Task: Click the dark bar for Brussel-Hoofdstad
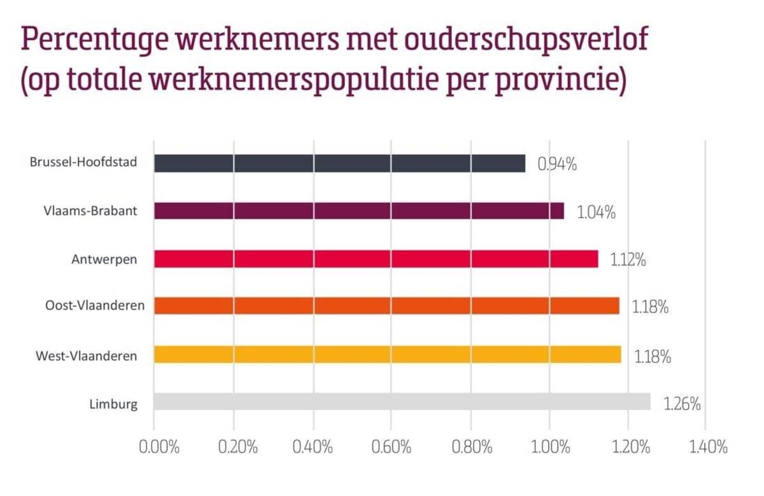pos(339,163)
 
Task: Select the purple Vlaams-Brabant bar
pos(358,211)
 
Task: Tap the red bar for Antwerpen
pos(376,259)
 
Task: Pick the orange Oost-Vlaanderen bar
pos(386,306)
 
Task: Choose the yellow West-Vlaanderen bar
pos(387,354)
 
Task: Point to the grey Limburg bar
pos(402,402)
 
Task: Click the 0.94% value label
pos(557,164)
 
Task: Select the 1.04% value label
pos(597,212)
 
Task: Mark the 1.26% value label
pos(682,404)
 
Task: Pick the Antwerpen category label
pos(104,259)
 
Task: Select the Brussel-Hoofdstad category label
pos(83,162)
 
